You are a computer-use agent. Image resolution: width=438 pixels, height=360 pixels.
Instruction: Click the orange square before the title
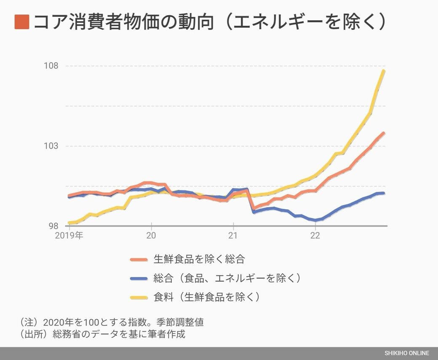(21, 22)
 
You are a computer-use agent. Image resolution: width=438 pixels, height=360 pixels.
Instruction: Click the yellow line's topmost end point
(384, 71)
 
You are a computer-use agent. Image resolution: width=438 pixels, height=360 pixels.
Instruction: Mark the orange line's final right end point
(384, 133)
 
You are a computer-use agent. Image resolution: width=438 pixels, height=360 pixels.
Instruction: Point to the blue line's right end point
(384, 193)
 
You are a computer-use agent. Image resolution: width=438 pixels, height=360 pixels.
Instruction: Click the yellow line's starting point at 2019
(69, 223)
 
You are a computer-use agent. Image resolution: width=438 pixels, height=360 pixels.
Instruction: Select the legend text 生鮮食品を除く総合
(199, 259)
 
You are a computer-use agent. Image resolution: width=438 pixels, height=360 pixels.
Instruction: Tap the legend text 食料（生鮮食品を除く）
(207, 297)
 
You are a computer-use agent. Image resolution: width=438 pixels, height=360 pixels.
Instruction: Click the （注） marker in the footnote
(29, 323)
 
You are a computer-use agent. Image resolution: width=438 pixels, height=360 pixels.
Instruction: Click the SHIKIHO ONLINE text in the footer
(406, 353)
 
